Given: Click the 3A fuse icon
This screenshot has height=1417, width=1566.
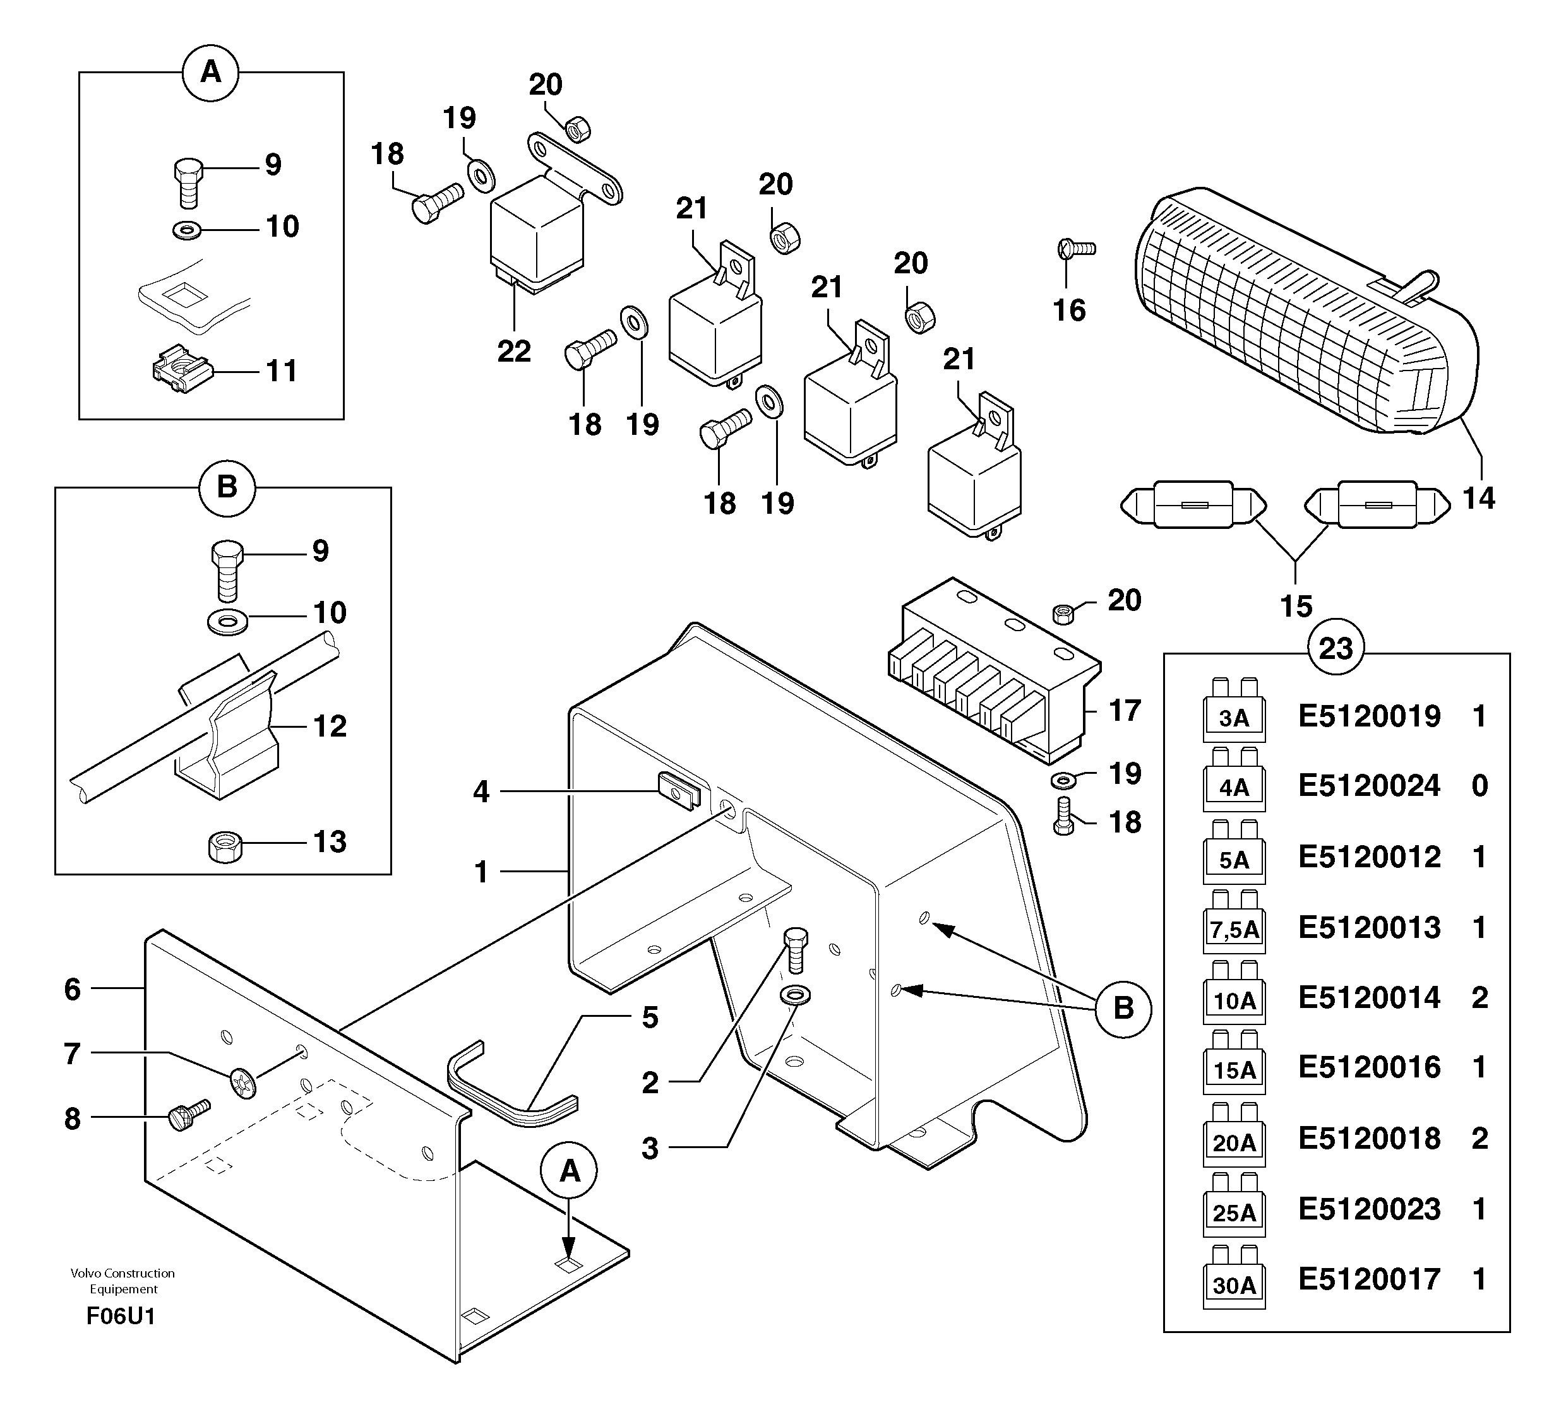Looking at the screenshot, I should [x=1233, y=712].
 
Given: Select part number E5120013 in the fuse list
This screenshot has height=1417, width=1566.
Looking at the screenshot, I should [x=1369, y=927].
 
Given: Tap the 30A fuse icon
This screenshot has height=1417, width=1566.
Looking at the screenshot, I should [x=1233, y=1280].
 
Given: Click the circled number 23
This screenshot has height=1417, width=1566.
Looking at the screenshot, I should [x=1336, y=648].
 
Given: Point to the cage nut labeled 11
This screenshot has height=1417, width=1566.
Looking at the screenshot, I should [x=182, y=370].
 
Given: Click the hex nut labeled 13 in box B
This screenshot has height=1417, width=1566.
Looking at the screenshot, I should [x=225, y=846].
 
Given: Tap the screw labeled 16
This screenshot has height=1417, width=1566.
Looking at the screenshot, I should [x=1076, y=249].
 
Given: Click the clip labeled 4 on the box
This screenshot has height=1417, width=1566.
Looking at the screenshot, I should [x=679, y=790].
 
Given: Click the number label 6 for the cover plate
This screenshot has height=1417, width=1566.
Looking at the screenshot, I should [x=72, y=988].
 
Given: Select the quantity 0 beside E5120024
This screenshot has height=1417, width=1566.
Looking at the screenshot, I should [x=1479, y=786].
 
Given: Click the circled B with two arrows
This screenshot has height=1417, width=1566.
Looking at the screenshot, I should [x=1123, y=1009].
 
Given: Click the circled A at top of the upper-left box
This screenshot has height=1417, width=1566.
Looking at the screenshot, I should [x=210, y=73].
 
